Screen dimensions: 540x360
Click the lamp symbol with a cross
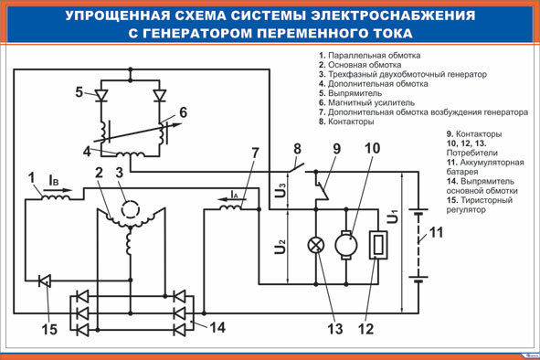click(x=316, y=246)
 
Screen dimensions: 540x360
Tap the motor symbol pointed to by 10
click(x=346, y=245)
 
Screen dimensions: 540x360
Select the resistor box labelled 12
click(x=378, y=245)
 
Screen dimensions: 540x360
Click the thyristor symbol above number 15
click(x=45, y=281)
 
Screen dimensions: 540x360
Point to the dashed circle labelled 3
click(x=131, y=208)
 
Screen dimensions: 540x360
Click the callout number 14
click(x=217, y=327)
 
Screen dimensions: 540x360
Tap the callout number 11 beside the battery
click(x=436, y=232)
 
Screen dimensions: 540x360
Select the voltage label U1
click(x=393, y=217)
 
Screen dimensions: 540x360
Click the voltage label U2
click(x=281, y=246)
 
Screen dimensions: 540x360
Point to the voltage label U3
click(x=281, y=190)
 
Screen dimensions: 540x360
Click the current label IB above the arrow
click(x=54, y=180)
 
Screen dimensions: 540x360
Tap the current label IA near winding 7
click(x=235, y=195)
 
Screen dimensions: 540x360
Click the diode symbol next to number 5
click(x=101, y=95)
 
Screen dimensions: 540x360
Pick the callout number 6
click(x=183, y=112)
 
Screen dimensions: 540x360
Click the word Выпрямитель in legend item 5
click(x=355, y=93)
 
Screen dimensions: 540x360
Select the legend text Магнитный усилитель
click(x=371, y=102)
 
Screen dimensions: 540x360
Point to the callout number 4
click(x=87, y=152)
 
